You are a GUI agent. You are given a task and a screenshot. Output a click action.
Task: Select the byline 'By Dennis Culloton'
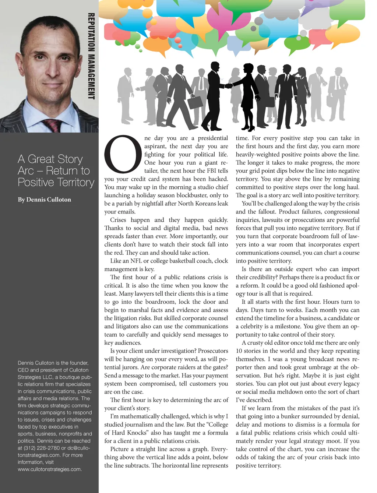pyautogui.click(x=44, y=200)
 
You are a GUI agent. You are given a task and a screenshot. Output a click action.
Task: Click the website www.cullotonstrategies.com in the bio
pyautogui.click(x=49, y=469)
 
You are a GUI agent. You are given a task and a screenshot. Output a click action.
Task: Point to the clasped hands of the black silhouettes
pyautogui.click(x=229, y=86)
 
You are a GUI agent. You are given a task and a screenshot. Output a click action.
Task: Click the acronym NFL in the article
pyautogui.click(x=136, y=261)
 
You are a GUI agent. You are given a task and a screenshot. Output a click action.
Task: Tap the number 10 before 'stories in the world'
pyautogui.click(x=239, y=351)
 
